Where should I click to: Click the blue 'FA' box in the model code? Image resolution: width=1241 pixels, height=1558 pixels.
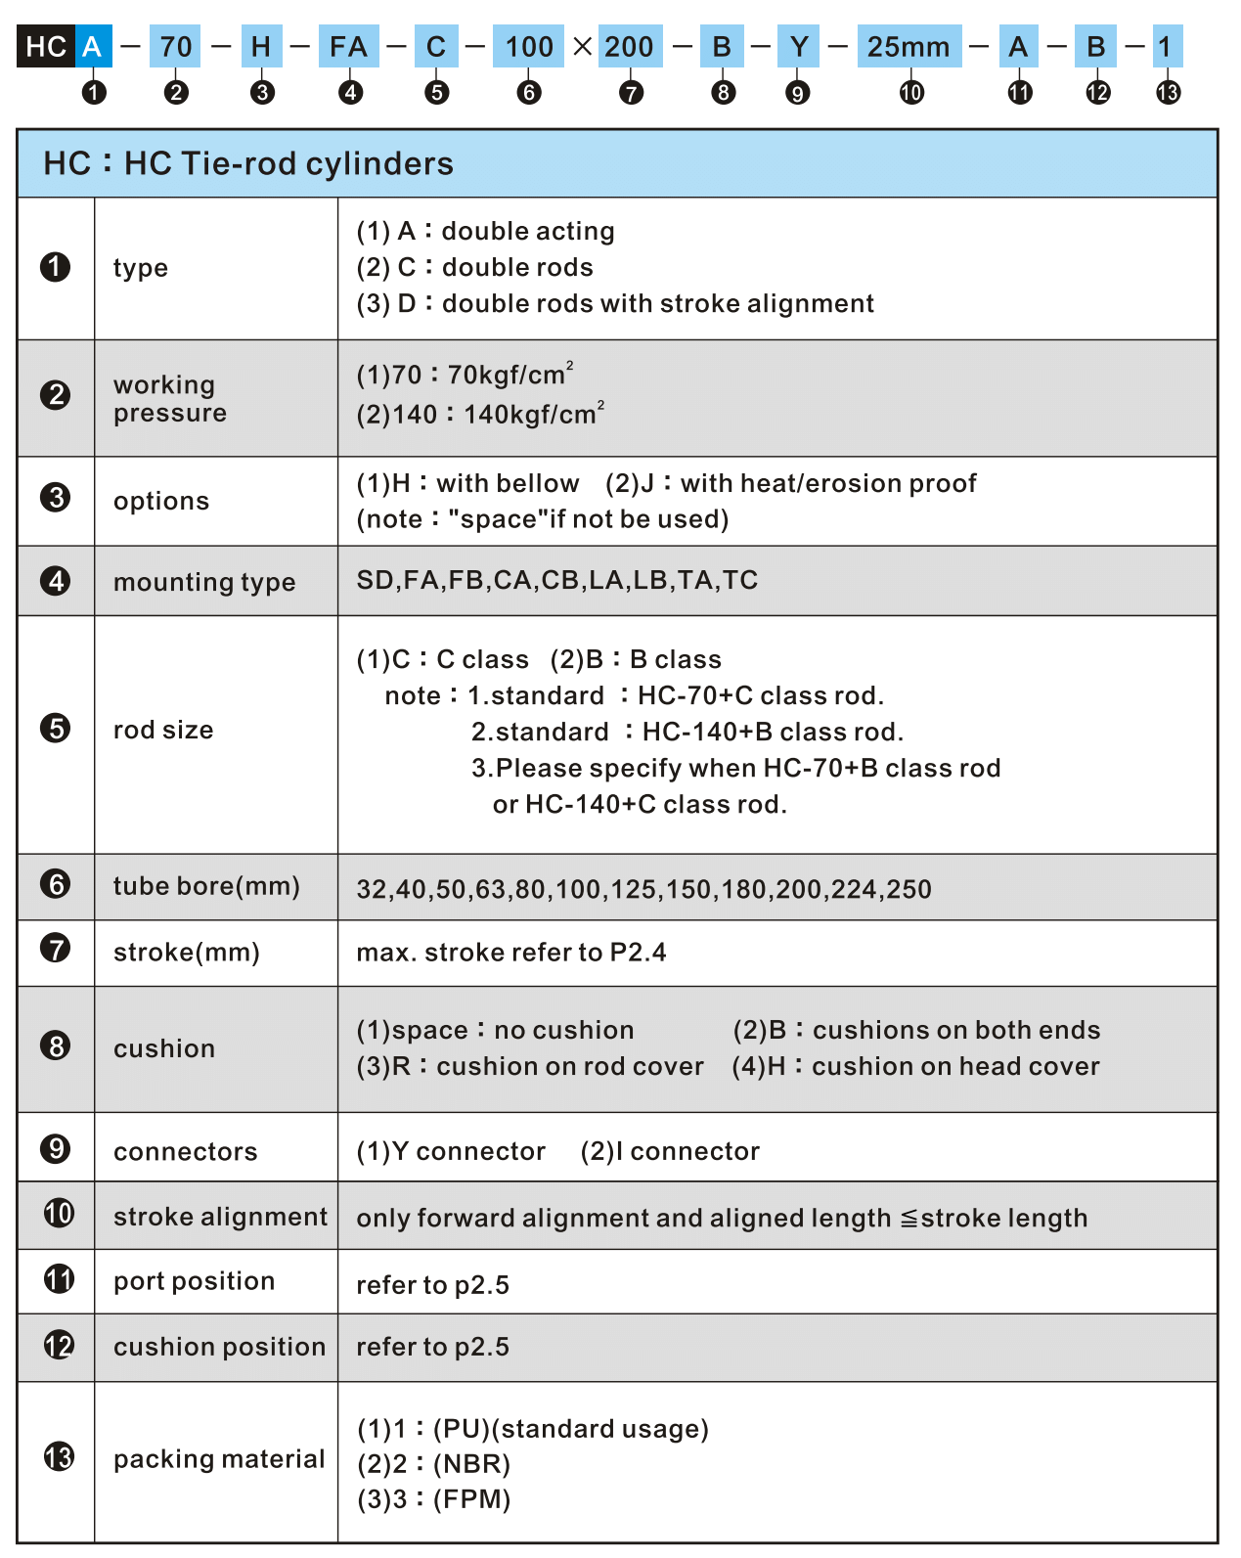[x=348, y=47]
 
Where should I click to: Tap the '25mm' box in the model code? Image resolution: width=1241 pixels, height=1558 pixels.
[x=909, y=47]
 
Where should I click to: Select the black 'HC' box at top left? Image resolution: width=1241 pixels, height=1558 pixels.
[x=46, y=47]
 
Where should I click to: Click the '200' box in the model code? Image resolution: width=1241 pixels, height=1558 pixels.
[x=629, y=47]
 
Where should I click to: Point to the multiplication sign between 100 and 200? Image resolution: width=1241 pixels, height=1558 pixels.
[x=583, y=46]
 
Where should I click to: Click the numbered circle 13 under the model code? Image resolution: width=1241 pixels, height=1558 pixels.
[x=1168, y=93]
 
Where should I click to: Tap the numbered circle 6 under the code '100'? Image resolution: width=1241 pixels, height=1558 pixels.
[x=529, y=93]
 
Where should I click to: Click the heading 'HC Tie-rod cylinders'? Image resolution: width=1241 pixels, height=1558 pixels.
[x=288, y=163]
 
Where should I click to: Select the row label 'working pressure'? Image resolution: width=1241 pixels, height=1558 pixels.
[x=169, y=398]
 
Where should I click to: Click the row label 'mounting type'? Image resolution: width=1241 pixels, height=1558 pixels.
[x=204, y=582]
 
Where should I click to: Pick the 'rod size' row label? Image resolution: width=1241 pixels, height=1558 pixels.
[x=163, y=730]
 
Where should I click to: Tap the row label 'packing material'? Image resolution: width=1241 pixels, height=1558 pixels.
[x=219, y=1459]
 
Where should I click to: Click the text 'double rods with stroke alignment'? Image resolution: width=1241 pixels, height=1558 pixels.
[x=657, y=303]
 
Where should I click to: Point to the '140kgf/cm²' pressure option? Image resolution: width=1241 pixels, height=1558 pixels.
[x=534, y=414]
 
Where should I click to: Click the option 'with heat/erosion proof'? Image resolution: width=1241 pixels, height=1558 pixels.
[x=828, y=483]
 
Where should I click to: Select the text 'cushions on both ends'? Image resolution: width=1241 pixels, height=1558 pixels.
[x=956, y=1030]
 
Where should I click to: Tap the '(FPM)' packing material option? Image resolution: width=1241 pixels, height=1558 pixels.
[x=472, y=1499]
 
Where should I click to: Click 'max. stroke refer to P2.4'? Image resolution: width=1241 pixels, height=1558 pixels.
[x=511, y=953]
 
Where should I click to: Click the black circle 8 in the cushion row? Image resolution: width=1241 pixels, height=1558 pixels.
[x=56, y=1046]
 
